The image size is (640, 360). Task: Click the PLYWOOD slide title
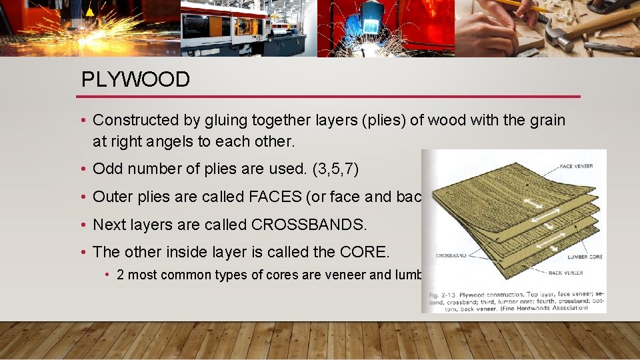click(135, 79)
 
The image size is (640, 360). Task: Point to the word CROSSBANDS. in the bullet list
click(309, 225)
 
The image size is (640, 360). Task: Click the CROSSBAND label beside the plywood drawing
click(452, 255)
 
